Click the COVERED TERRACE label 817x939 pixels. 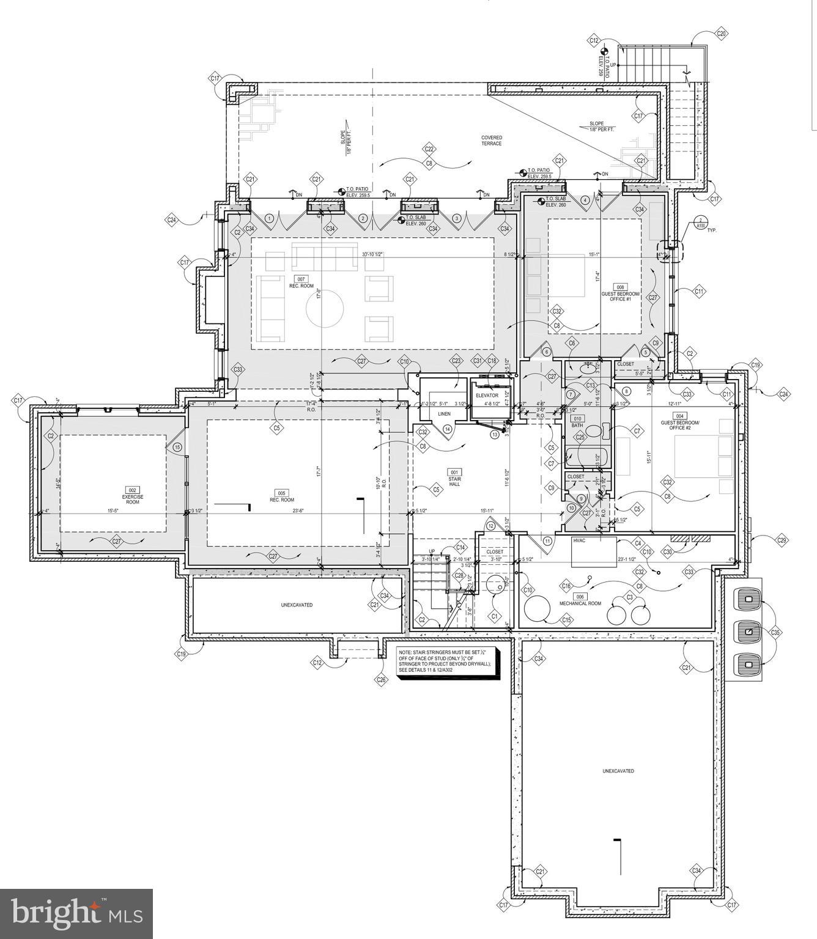(x=491, y=141)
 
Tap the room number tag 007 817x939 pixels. (x=301, y=279)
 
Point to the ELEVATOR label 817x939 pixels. (x=487, y=396)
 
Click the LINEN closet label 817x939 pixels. (x=444, y=414)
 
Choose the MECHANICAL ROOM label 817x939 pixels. (x=580, y=603)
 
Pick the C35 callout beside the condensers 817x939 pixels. (x=775, y=632)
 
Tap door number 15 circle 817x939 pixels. (x=178, y=447)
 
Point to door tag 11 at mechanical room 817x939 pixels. (x=547, y=541)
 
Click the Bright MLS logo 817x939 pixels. (x=76, y=913)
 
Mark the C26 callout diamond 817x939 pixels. (x=382, y=679)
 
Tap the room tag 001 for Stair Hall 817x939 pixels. (x=454, y=473)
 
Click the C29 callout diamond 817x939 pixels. (x=781, y=540)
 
